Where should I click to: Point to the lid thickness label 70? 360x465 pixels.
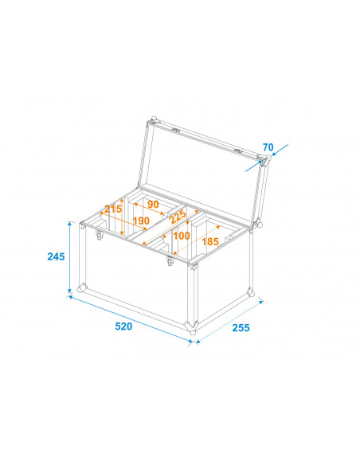268,147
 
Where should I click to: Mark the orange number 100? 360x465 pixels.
182,236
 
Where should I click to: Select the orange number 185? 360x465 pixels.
210,242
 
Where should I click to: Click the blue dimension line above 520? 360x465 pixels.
131,318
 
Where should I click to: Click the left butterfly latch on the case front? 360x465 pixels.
100,235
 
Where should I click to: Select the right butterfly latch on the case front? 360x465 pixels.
170,260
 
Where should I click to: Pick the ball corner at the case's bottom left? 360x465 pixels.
82,288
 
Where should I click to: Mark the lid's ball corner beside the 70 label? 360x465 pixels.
265,162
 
